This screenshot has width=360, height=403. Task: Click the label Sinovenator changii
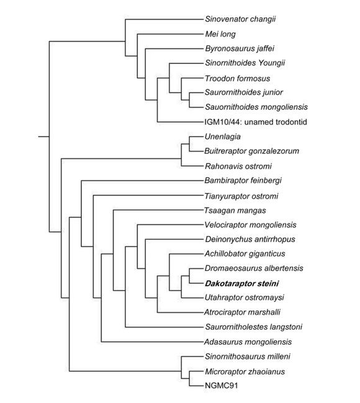point(240,19)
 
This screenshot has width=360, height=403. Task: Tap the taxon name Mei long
point(220,34)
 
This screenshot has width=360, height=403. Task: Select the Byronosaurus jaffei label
point(240,48)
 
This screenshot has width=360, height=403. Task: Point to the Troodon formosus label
point(238,78)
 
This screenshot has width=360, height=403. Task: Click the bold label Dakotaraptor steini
point(242,284)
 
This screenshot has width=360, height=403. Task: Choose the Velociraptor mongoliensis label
point(250,225)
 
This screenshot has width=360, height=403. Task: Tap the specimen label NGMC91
point(221,386)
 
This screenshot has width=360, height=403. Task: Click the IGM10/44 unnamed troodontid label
point(256,122)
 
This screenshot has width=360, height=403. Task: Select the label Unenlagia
point(223,137)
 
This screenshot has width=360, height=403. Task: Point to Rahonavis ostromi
point(238,166)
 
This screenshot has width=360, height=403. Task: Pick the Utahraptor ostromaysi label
point(245,297)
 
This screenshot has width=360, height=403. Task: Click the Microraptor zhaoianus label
point(245,372)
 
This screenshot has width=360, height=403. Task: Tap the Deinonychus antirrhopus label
point(250,240)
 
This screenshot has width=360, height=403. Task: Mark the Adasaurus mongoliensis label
point(248,342)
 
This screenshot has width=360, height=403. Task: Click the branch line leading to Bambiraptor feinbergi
point(142,181)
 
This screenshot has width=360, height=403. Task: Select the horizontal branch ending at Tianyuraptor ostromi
point(148,196)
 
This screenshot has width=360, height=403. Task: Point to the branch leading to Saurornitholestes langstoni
point(164,327)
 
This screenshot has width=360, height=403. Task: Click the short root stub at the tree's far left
point(43,137)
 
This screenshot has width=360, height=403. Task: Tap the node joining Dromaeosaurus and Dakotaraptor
point(190,276)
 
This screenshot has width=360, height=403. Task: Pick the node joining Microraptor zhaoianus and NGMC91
point(190,378)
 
